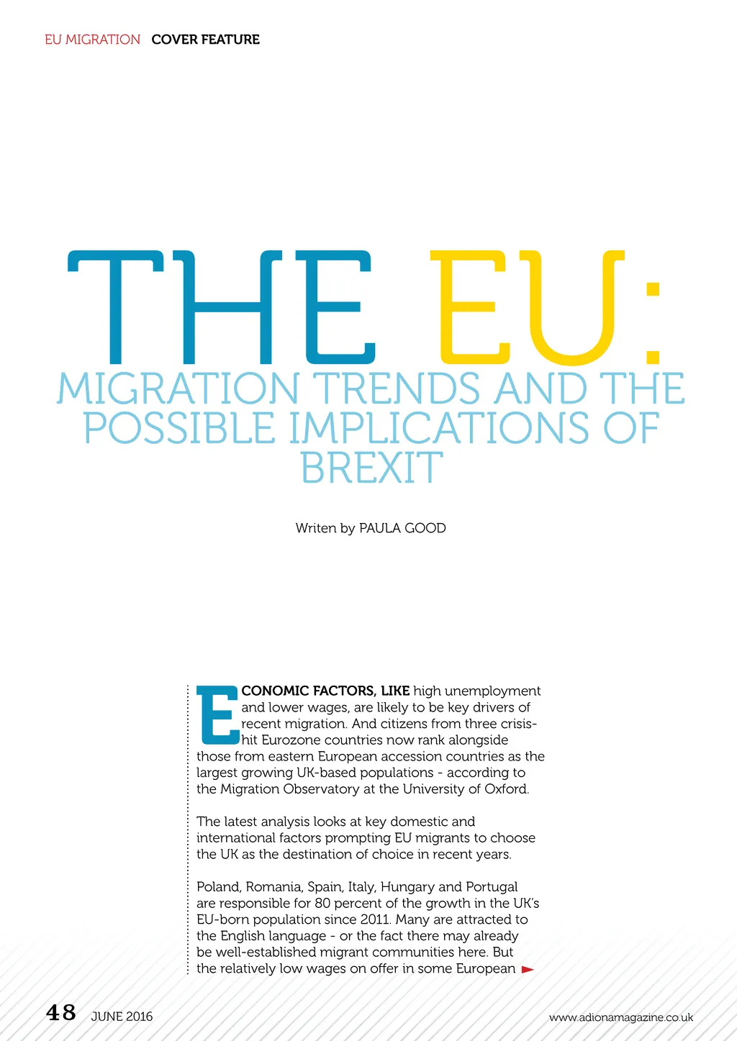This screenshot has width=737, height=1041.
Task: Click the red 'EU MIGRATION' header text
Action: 92,40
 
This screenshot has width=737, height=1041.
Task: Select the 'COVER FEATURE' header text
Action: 205,40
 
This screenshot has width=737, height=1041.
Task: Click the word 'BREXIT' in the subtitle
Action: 371,468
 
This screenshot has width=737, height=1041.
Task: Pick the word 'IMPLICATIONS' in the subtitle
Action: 439,429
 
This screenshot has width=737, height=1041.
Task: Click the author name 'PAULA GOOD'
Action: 402,528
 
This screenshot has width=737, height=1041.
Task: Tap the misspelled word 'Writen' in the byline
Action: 316,528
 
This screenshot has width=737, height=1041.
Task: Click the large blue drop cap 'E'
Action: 217,716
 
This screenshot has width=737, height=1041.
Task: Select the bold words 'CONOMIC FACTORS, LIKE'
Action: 325,691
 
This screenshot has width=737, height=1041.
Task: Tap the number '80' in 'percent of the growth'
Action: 322,904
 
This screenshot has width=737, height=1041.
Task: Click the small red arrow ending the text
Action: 528,970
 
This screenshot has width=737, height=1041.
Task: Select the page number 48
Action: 61,1013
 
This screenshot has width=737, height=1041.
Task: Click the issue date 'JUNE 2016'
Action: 122,1017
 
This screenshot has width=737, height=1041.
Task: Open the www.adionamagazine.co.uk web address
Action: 621,1017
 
